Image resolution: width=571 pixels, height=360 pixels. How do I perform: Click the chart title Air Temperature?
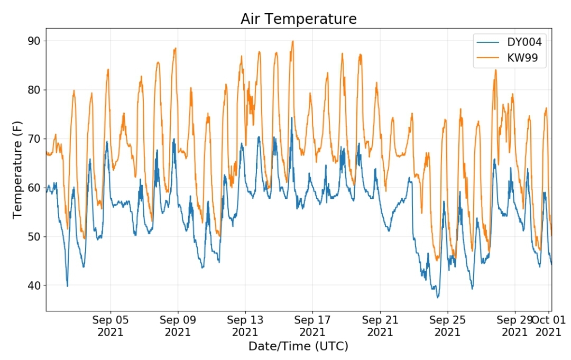(x=299, y=19)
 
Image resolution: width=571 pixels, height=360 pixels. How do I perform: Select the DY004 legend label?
(x=524, y=42)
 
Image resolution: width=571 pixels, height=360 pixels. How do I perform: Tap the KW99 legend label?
(x=522, y=58)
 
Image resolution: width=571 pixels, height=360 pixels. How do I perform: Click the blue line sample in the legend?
(x=488, y=42)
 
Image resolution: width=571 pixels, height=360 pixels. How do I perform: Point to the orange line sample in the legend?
(x=488, y=58)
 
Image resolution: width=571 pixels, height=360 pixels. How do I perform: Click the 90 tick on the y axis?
(x=34, y=41)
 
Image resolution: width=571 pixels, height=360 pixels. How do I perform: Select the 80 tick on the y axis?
(x=34, y=89)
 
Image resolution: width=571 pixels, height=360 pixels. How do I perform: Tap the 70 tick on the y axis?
(x=34, y=139)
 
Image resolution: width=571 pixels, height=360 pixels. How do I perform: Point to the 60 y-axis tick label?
(x=34, y=188)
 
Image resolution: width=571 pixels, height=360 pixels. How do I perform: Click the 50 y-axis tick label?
(x=34, y=237)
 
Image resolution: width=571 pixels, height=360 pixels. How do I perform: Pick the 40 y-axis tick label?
(x=34, y=285)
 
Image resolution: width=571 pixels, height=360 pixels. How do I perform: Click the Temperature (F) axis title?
(x=17, y=170)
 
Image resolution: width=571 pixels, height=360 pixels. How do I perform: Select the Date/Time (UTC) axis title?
(x=298, y=346)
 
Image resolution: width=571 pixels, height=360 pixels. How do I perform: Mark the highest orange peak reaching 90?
(x=292, y=41)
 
